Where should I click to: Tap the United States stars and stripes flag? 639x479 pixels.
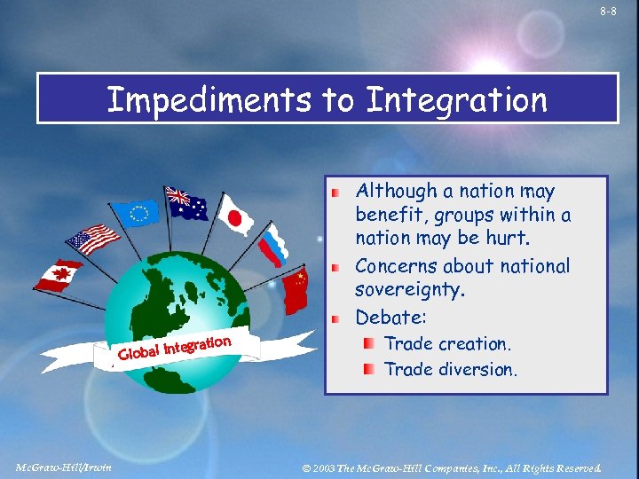coord(92,239)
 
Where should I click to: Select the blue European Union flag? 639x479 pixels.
coord(139,212)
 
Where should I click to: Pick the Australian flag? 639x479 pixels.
coord(187,204)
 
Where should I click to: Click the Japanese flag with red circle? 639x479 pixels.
coord(235,216)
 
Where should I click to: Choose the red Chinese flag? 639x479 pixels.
coord(296,291)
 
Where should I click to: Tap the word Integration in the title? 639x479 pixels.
coord(456,100)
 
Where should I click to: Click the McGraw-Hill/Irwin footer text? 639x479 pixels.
coord(64,467)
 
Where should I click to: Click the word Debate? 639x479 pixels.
coord(391,317)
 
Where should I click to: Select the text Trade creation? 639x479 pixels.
coord(446,344)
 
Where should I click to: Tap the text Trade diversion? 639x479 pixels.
coord(450,369)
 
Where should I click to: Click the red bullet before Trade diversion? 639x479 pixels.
coord(367,369)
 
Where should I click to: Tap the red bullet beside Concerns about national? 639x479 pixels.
coord(335,267)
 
